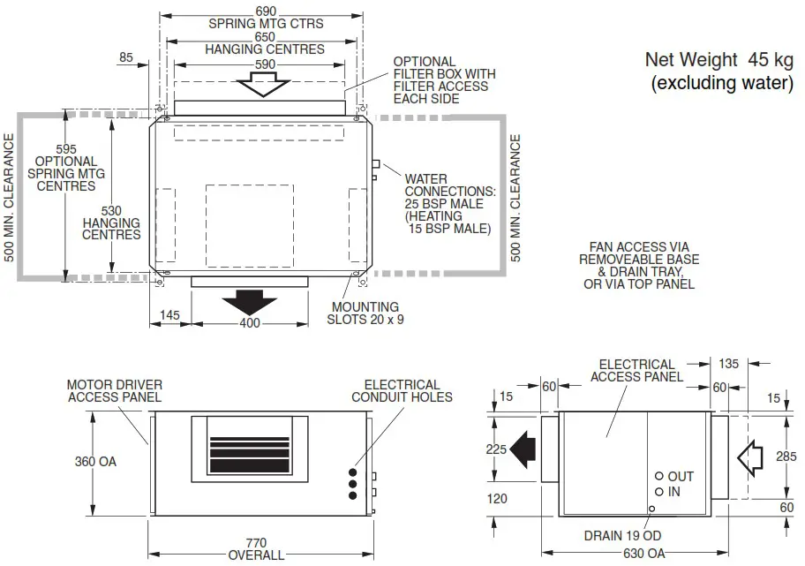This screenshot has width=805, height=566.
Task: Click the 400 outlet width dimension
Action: pos(250,324)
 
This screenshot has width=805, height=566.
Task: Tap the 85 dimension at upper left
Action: pos(125,58)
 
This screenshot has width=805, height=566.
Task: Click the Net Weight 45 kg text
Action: pos(718,60)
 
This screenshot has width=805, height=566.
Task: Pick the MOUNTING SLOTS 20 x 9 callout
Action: pos(365,313)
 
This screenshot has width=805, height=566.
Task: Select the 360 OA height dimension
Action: pos(95,461)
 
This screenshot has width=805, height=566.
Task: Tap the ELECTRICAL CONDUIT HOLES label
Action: pos(402,390)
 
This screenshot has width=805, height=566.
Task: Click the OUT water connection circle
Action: pos(658,476)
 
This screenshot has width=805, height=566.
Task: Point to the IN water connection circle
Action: pos(658,492)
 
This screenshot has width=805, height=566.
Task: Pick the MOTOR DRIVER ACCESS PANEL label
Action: pos(114,390)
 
